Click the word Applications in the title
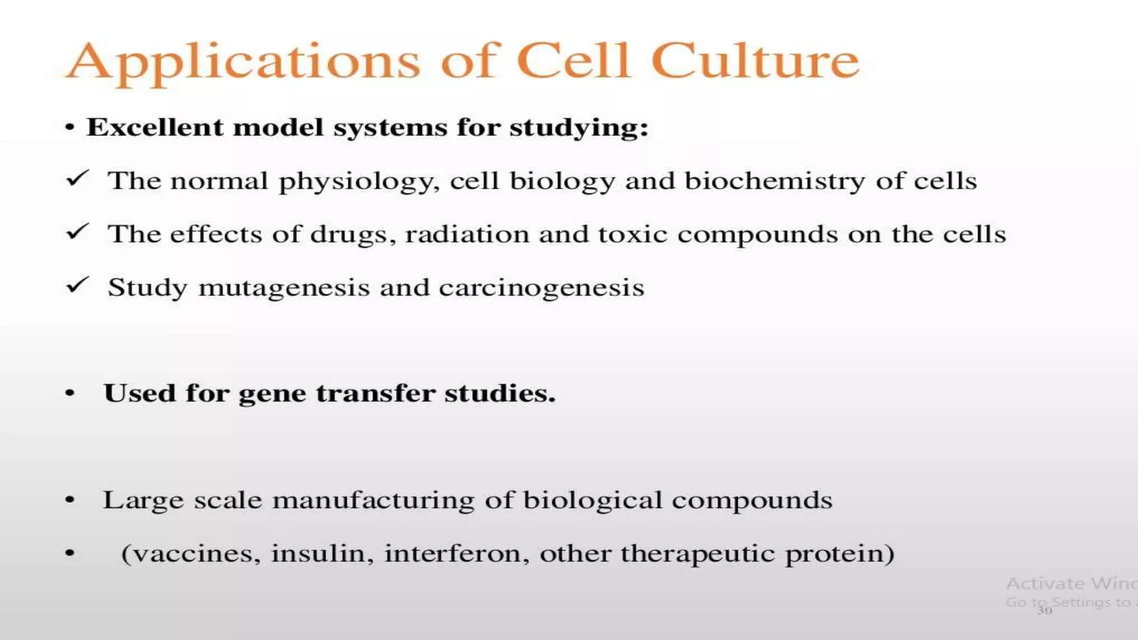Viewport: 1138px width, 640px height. coord(243,62)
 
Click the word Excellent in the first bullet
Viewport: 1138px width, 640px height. coord(154,127)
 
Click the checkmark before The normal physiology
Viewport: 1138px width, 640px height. coord(77,178)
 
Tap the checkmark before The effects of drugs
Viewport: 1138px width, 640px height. coord(77,232)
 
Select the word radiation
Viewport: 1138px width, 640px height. coord(467,234)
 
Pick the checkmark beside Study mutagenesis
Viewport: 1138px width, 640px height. coord(77,285)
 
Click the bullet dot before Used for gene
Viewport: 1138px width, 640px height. coord(69,394)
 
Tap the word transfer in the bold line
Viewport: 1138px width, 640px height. coord(375,393)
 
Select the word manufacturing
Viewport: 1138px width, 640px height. coord(373,500)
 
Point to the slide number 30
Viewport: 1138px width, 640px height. coord(1045,611)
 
